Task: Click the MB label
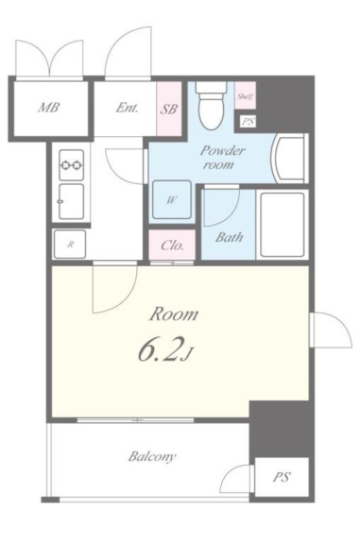[x=49, y=107]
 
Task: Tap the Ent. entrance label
[x=127, y=108]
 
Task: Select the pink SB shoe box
[x=168, y=109]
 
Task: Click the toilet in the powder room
[x=211, y=105]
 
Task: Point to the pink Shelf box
[x=245, y=96]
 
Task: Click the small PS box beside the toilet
[x=248, y=121]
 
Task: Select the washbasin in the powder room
[x=291, y=159]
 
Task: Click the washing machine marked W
[x=172, y=200]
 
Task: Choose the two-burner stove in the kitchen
[x=71, y=165]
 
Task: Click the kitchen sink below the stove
[x=71, y=202]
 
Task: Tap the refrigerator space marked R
[x=70, y=244]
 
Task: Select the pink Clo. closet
[x=172, y=245]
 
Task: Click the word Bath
[x=229, y=237]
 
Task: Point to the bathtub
[x=283, y=224]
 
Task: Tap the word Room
[x=174, y=314]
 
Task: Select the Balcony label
[x=152, y=456]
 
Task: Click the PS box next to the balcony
[x=281, y=477]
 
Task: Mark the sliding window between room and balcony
[x=135, y=420]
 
